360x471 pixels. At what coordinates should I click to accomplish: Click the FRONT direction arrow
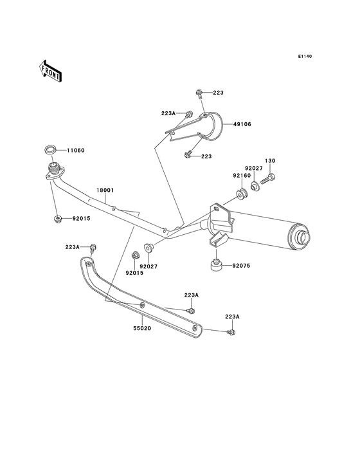click(x=50, y=71)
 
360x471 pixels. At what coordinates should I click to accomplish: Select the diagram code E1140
click(x=305, y=56)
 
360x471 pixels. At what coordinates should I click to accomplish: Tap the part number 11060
click(x=76, y=151)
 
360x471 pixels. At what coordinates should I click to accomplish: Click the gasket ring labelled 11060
click(x=50, y=149)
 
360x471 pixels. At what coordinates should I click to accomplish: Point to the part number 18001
click(x=105, y=190)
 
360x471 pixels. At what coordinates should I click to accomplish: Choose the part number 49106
click(x=242, y=124)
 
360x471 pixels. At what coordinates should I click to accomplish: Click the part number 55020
click(x=142, y=329)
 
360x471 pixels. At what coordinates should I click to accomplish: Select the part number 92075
click(x=241, y=266)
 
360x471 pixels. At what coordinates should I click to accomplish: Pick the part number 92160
click(x=242, y=176)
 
